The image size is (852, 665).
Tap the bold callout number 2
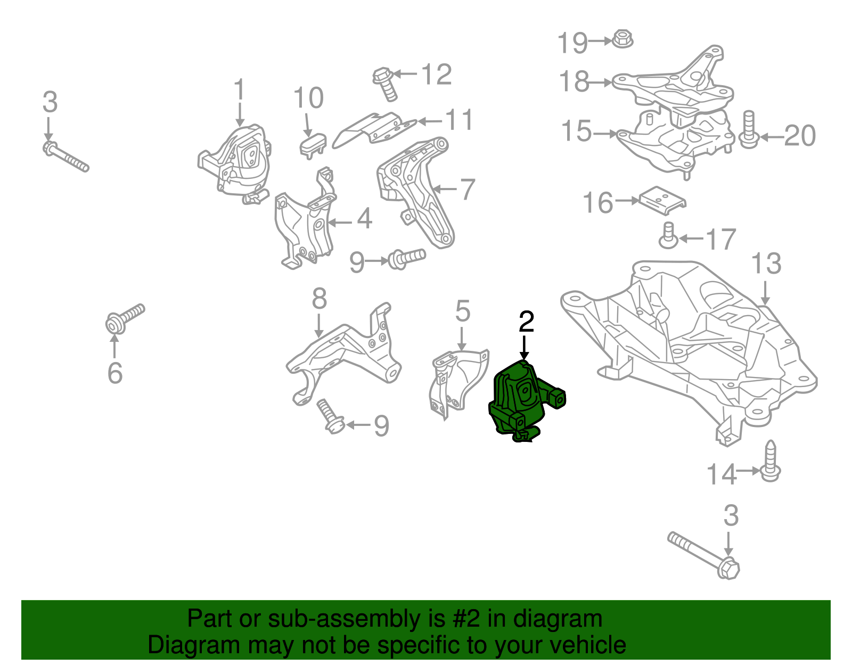pos(526,322)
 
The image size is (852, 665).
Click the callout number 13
pos(766,264)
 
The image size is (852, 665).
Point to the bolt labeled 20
pos(749,129)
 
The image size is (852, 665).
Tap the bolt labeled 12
pos(385,84)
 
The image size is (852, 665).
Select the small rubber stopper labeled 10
pos(313,146)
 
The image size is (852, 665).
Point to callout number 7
pos(468,190)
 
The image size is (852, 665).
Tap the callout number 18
pos(574,81)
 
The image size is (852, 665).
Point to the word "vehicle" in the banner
pos(580,645)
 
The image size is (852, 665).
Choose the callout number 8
pos(319,299)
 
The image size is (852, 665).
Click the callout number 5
pos(463,311)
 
